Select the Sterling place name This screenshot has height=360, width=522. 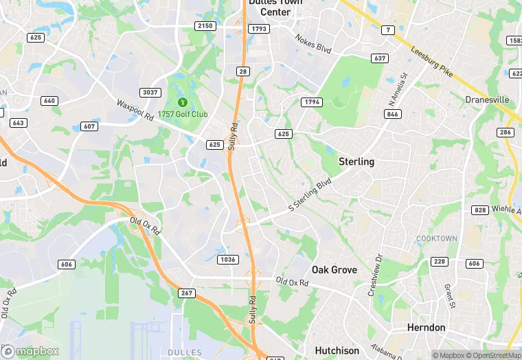356,162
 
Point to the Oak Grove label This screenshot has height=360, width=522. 334,270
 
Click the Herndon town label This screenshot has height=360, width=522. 426,328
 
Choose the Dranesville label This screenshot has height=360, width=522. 487,100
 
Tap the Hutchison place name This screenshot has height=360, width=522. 337,350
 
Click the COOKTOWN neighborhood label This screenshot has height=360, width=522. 436,238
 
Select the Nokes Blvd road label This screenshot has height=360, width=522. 313,45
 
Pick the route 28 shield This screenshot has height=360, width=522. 242,72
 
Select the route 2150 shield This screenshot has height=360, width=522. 205,25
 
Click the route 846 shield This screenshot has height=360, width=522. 392,114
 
